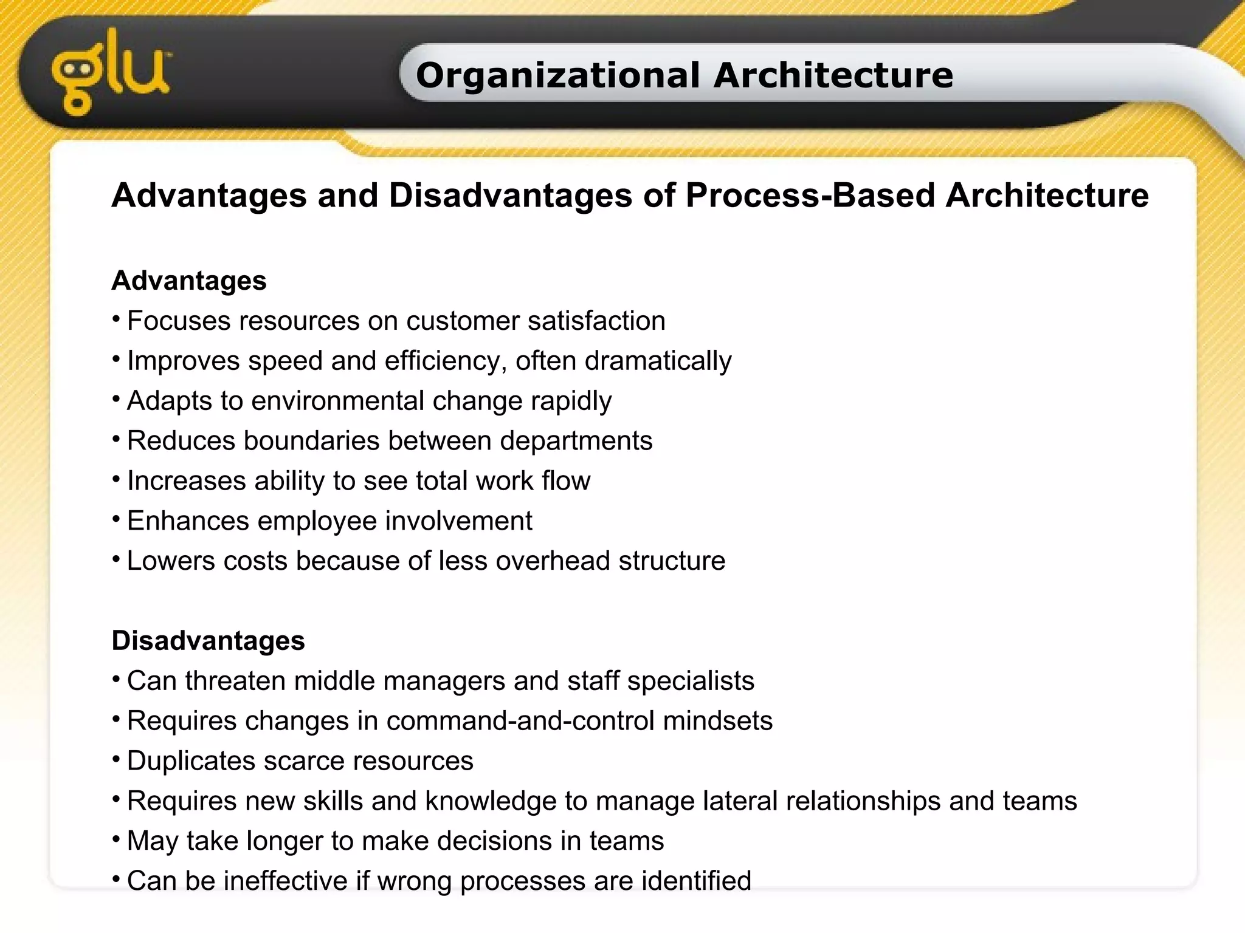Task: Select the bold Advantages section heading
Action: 189,281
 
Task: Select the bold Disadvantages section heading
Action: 208,641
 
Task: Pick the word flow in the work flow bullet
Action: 566,481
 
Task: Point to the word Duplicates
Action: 191,762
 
